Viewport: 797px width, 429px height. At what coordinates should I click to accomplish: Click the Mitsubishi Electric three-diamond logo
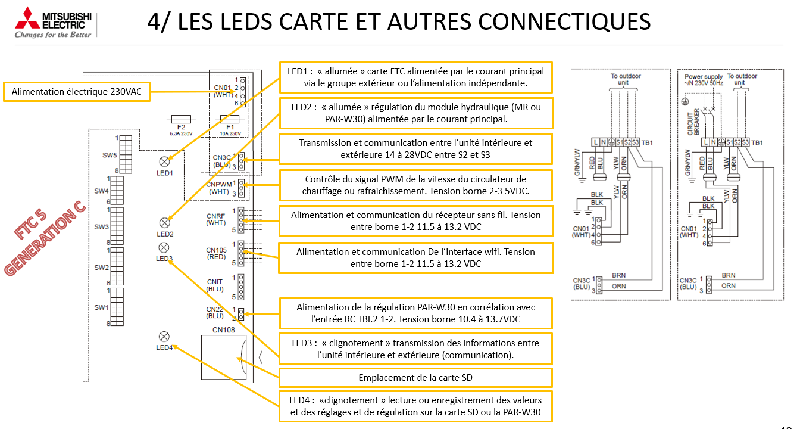click(x=26, y=19)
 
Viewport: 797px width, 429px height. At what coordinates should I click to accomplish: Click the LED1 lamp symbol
click(x=165, y=161)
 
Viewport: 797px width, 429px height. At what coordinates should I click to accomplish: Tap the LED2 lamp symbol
click(x=165, y=223)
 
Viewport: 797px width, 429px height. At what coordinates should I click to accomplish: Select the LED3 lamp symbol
click(x=164, y=247)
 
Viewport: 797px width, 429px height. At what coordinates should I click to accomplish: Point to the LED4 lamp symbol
click(x=164, y=337)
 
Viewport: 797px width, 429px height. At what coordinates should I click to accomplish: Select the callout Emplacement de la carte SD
click(x=415, y=378)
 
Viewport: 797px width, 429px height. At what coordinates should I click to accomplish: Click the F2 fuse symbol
click(x=181, y=119)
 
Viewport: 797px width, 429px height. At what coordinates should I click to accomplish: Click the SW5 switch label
click(x=110, y=155)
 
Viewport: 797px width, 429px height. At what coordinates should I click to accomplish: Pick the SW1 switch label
click(x=101, y=307)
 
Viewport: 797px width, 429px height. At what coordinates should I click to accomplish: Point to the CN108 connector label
click(x=224, y=329)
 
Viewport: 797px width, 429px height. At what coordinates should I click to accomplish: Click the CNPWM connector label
click(x=218, y=184)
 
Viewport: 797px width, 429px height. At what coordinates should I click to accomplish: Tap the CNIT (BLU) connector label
click(x=215, y=285)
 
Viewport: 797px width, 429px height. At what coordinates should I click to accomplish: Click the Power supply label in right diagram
click(x=704, y=77)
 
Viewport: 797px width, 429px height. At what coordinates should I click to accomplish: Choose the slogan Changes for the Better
click(x=53, y=35)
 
